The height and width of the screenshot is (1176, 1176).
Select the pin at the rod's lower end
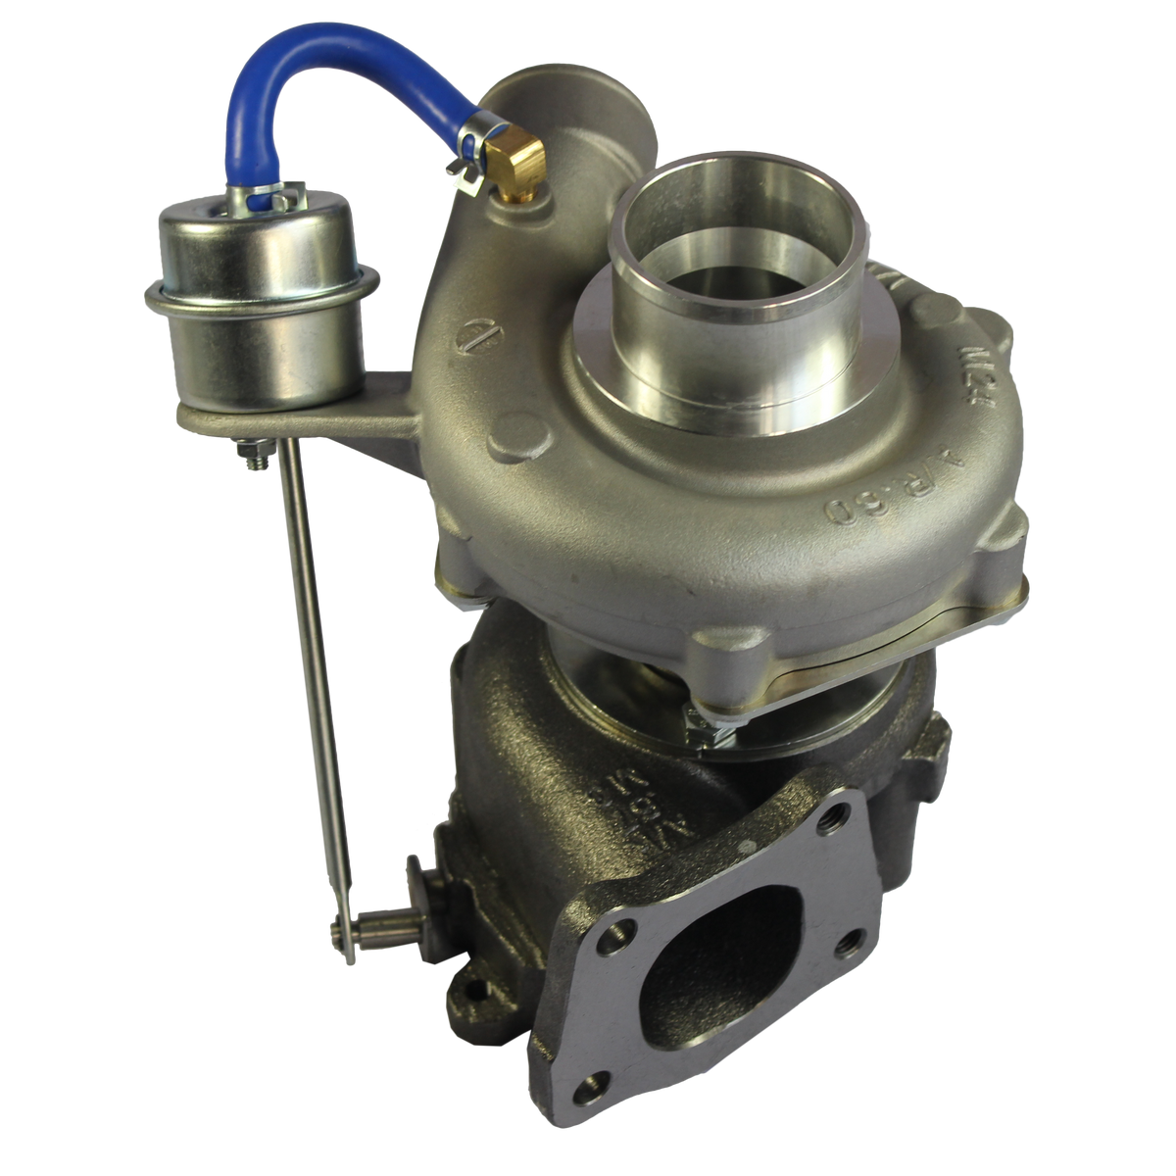click(377, 921)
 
